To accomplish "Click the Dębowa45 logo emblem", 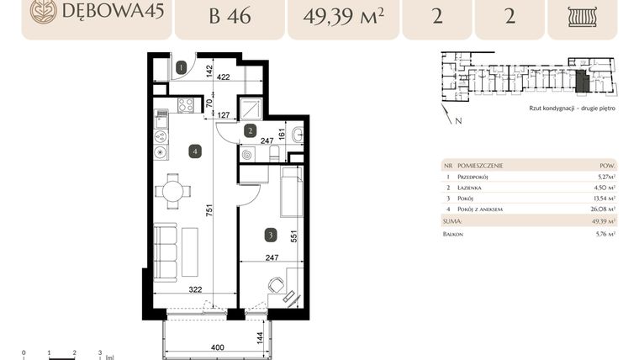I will tap(43, 11).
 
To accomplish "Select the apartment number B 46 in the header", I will tap(227, 17).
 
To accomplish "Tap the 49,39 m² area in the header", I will tap(341, 17).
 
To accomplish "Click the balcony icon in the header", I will tap(582, 18).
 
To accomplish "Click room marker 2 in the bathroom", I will tap(250, 130).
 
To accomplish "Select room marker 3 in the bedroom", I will tap(270, 235).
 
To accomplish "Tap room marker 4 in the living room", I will tap(195, 151).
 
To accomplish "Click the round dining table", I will tap(173, 191).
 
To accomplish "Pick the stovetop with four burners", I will tap(186, 105).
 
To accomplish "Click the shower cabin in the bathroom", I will tap(250, 109).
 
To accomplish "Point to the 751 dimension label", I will tap(208, 210).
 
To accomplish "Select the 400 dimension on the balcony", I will tap(218, 347).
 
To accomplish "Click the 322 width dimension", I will tap(195, 290).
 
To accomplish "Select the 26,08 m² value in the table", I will tap(605, 209).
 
